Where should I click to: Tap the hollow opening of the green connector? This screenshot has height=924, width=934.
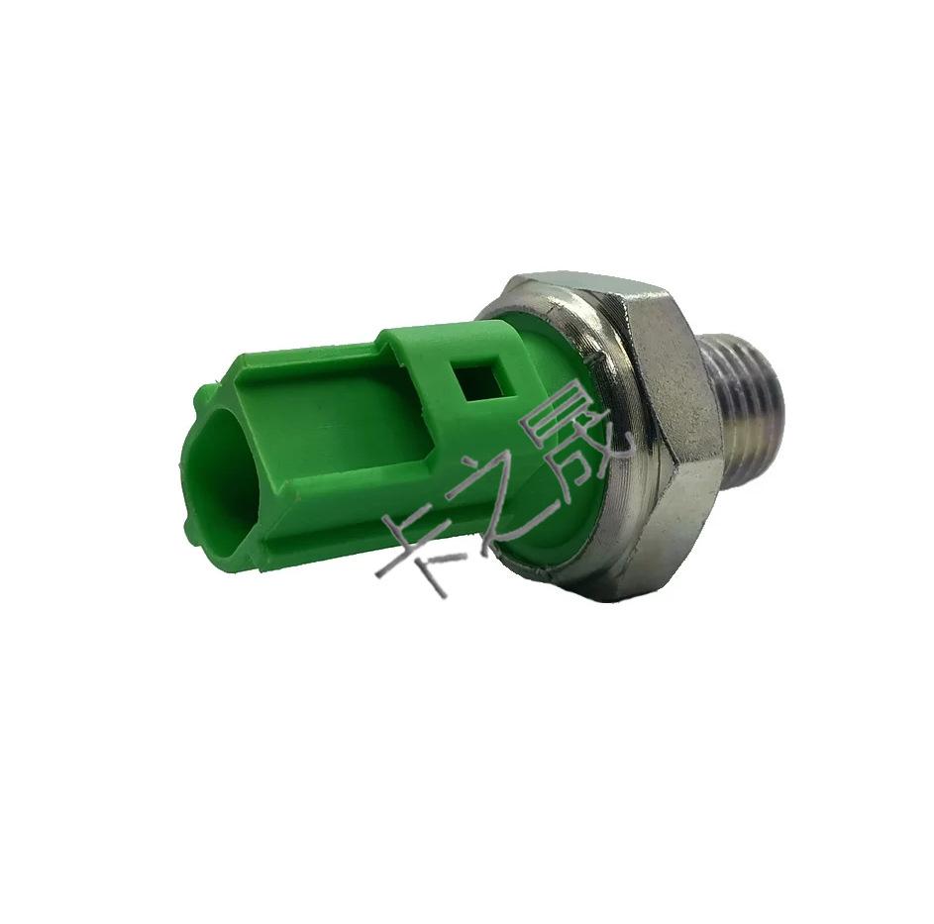coord(221,466)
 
